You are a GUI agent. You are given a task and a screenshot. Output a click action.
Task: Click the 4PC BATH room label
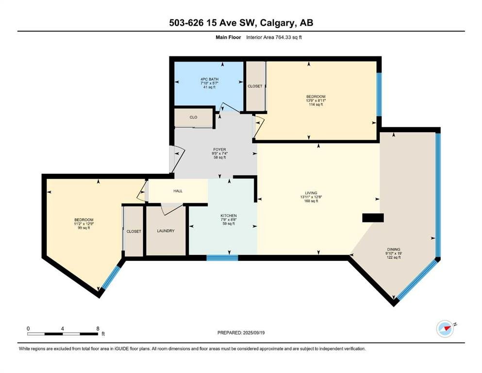coord(209,79)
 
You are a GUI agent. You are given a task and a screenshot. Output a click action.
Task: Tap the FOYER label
coord(219,150)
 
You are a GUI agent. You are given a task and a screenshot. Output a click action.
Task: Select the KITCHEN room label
coord(229,216)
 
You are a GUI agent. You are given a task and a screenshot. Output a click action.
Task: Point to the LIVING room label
coord(311,193)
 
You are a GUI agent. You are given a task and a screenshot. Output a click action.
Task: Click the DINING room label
coord(394,249)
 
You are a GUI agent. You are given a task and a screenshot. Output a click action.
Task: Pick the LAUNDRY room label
coord(166,231)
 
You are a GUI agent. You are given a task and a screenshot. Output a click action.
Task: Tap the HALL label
coord(178,191)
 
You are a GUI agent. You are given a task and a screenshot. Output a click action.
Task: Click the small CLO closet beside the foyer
coord(193,118)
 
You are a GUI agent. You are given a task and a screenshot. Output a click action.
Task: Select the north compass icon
coord(445,328)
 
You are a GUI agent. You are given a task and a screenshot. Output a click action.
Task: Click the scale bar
coord(63,334)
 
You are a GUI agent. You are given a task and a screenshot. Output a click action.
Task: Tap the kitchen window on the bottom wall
coord(222,258)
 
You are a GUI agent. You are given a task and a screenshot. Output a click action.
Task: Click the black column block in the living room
coord(373,218)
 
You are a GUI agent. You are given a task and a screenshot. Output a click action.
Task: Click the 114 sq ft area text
coord(316,104)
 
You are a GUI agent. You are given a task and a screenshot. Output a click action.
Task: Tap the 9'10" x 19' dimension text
coord(394,254)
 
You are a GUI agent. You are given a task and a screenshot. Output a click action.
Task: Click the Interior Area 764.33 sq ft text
coord(274,37)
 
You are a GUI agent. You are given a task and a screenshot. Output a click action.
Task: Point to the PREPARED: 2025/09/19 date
coord(241,333)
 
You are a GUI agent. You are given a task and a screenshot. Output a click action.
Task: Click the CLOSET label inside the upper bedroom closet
coord(255,86)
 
